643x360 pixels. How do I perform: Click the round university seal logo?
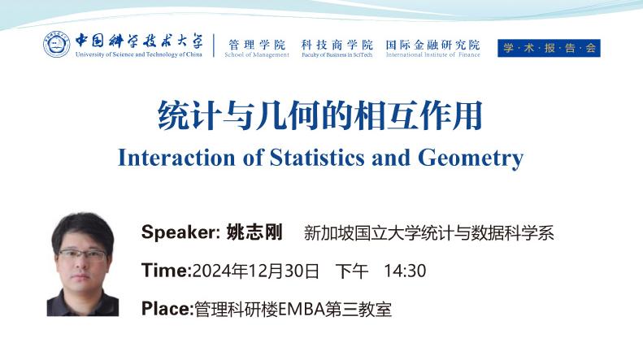coord(57,44)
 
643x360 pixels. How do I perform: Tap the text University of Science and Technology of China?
coord(139,54)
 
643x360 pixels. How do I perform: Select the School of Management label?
coord(257,54)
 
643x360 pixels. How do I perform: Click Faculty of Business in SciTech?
coord(337,54)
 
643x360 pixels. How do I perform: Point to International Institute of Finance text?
coord(432,54)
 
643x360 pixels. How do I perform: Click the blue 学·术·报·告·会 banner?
coord(549,48)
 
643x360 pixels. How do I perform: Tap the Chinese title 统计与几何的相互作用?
coord(320,115)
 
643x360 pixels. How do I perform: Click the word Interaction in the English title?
coord(176,158)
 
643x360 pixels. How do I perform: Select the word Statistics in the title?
coord(317,158)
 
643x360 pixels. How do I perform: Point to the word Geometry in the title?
coord(471,158)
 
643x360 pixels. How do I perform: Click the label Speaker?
coord(180,232)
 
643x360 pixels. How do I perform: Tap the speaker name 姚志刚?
coord(254,232)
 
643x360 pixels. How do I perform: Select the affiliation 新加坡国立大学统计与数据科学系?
coord(429,233)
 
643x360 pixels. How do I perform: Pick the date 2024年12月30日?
coord(255,271)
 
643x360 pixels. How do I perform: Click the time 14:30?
coord(405,271)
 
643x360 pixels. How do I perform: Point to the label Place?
coord(167,309)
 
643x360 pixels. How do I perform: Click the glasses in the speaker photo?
coord(82,255)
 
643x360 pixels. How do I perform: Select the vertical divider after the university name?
coord(214,46)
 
